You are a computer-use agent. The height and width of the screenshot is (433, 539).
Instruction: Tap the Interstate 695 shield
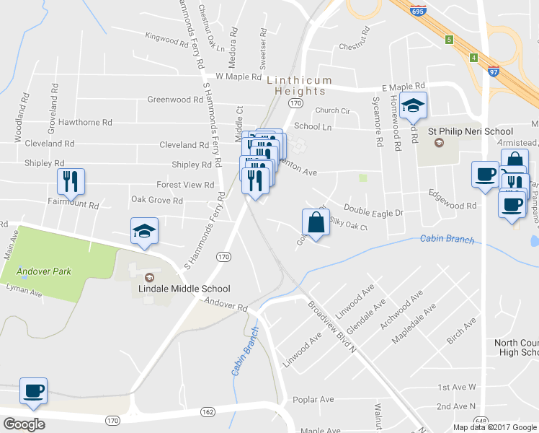point(417,10)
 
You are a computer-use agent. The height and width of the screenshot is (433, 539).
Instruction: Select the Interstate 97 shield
point(492,71)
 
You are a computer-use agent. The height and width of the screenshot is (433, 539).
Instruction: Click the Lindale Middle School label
point(184,289)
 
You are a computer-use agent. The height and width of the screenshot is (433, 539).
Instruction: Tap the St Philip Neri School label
point(471,131)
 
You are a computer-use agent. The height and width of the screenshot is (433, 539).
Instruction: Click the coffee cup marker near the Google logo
point(34,391)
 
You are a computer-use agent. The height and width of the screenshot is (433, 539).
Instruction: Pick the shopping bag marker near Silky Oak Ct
point(316,222)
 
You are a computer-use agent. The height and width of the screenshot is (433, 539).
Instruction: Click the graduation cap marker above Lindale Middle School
point(143,231)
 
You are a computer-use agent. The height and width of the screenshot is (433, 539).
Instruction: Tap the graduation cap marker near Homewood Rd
point(413,106)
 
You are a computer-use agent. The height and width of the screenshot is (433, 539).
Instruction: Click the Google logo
point(24,424)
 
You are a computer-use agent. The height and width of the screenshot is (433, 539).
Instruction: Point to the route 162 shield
point(208,411)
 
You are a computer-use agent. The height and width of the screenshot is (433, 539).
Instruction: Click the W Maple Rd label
point(239,76)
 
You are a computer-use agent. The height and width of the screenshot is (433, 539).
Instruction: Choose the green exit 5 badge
point(449,39)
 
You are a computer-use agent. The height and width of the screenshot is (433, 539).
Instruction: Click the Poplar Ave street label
point(313,399)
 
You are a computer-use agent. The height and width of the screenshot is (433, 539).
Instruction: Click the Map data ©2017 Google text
point(494,427)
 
